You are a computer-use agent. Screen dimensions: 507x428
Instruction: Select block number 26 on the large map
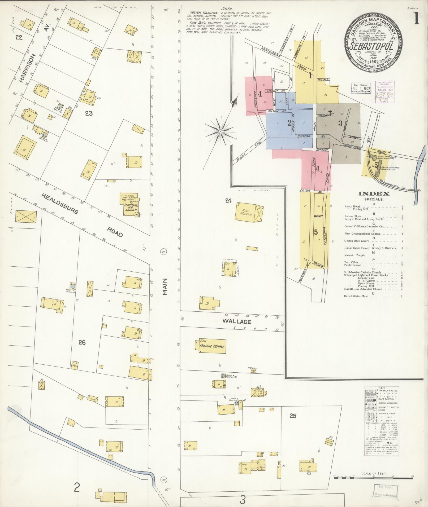click(82, 342)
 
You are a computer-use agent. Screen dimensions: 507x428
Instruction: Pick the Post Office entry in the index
click(351, 262)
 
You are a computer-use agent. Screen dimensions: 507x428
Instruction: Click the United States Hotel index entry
click(356, 296)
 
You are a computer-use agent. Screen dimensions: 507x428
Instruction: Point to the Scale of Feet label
click(374, 473)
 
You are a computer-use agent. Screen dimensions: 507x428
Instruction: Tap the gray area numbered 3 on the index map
click(340, 124)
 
